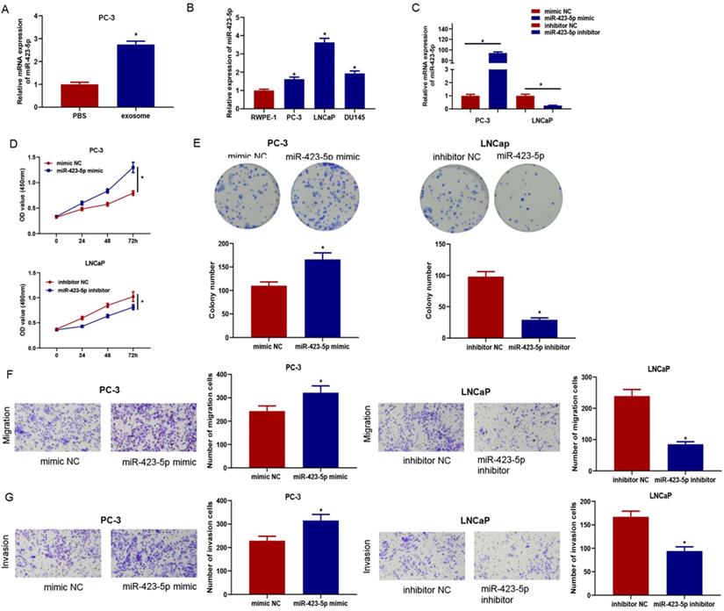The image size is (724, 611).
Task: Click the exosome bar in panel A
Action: pyautogui.click(x=130, y=75)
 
